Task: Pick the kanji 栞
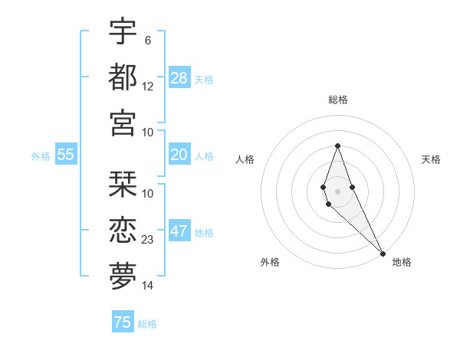click(x=123, y=185)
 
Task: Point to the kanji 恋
click(x=123, y=231)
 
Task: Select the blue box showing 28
click(x=179, y=77)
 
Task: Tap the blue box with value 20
click(x=179, y=155)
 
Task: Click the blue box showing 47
click(x=179, y=231)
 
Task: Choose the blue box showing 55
click(x=66, y=155)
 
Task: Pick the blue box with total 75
click(x=123, y=322)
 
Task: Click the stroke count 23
click(x=148, y=240)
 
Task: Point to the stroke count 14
click(x=148, y=286)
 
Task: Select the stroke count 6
click(x=147, y=40)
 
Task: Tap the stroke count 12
click(x=148, y=86)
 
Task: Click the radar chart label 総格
click(x=337, y=100)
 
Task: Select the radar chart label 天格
click(x=431, y=159)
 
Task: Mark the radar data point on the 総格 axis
click(x=337, y=146)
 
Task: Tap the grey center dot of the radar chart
click(x=337, y=191)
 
